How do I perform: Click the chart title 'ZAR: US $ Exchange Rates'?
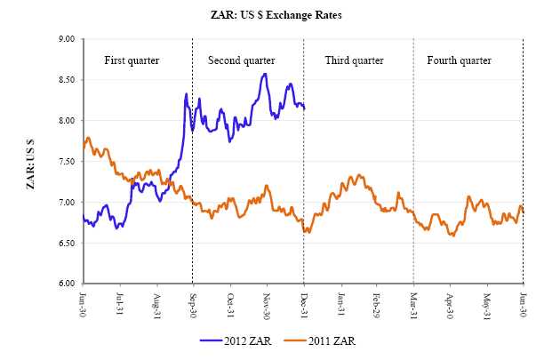tap(279, 16)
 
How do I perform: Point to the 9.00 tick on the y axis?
tap(67, 39)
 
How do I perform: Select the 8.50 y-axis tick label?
tap(67, 80)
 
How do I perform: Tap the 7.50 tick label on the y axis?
tap(67, 162)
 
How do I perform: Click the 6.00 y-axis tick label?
tap(67, 284)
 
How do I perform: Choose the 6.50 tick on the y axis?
tap(67, 243)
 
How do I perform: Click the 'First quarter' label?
tap(132, 60)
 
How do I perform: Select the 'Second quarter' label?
tap(241, 60)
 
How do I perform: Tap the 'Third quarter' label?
tap(354, 60)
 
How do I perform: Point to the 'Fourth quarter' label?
tap(459, 60)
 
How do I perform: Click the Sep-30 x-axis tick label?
tap(193, 302)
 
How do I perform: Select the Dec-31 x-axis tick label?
tap(303, 302)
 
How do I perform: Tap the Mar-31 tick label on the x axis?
tap(413, 302)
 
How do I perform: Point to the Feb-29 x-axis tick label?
tap(377, 302)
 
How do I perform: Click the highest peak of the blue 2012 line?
tap(265, 74)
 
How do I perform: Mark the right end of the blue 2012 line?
tap(304, 108)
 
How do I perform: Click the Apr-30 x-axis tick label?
tap(451, 302)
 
